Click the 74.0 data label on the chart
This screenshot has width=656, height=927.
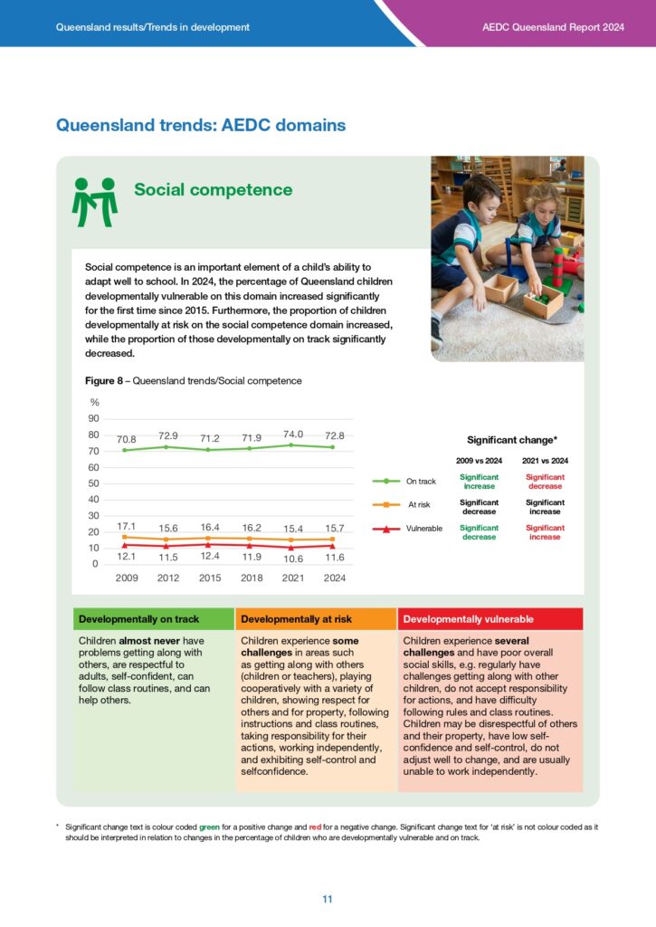tap(292, 434)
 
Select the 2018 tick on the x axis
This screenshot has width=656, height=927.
tap(251, 577)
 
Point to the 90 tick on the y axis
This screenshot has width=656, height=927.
tap(93, 418)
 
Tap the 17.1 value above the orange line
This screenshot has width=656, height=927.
tap(126, 526)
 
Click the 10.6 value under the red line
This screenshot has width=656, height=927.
tap(292, 559)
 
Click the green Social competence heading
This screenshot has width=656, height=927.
tap(213, 189)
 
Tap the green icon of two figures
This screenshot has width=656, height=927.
tap(95, 201)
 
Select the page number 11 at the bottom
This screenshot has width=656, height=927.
tap(328, 899)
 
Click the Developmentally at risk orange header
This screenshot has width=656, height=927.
tap(283, 619)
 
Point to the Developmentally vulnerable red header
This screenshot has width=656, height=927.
tap(468, 619)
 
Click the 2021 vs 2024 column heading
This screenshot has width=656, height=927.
tap(545, 460)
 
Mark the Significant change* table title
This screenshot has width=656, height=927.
tap(511, 440)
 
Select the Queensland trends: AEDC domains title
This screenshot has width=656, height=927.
tap(201, 125)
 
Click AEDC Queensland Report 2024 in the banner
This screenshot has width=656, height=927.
tap(553, 27)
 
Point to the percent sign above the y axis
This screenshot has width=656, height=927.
tap(94, 402)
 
